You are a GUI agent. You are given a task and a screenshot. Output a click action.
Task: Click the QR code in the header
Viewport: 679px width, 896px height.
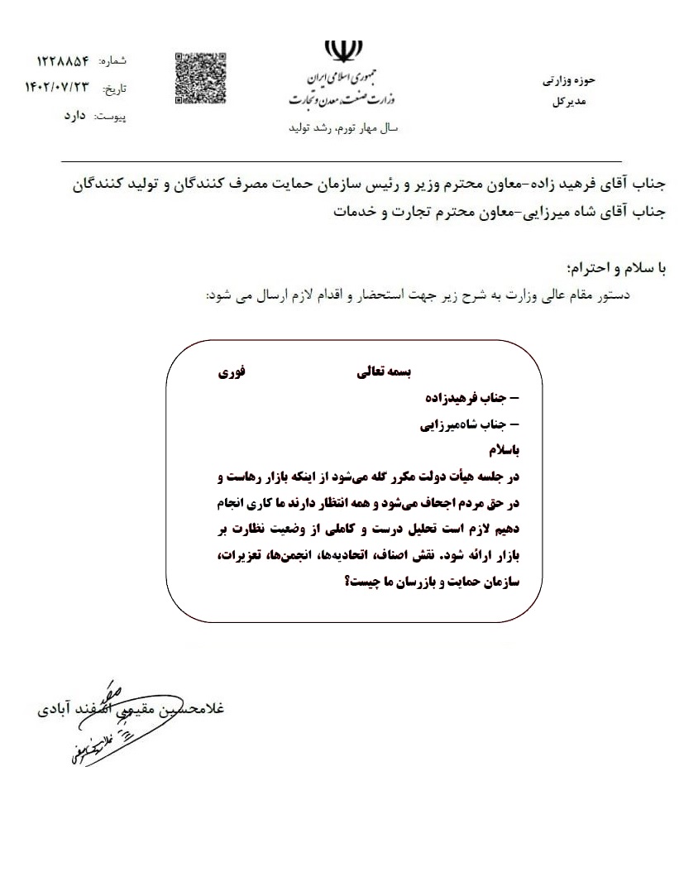pyautogui.click(x=201, y=79)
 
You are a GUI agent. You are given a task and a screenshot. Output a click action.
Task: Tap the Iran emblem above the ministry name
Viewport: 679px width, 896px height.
pyautogui.click(x=338, y=51)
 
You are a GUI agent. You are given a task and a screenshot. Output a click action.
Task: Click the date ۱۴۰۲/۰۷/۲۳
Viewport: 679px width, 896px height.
pyautogui.click(x=56, y=87)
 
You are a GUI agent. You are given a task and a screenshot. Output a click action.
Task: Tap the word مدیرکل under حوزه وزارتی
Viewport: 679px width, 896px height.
pyautogui.click(x=568, y=102)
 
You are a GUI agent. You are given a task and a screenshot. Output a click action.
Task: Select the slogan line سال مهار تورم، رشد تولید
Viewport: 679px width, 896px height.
pyautogui.click(x=342, y=129)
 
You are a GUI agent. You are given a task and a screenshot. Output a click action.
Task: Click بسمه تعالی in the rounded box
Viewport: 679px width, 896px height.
pyautogui.click(x=383, y=373)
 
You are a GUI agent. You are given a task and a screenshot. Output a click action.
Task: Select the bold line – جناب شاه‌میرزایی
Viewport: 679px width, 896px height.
pyautogui.click(x=469, y=425)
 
